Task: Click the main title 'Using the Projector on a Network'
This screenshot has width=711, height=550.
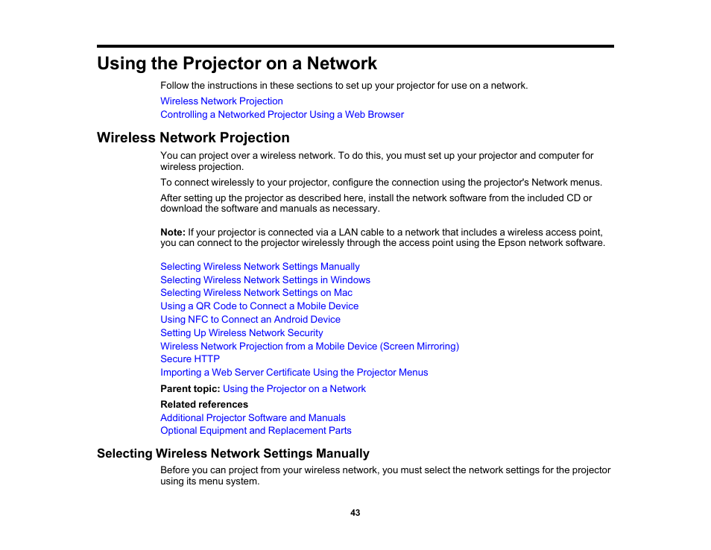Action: [x=237, y=63]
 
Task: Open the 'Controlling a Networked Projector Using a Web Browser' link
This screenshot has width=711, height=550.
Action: [x=282, y=115]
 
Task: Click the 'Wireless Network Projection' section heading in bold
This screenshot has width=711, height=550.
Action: [x=193, y=138]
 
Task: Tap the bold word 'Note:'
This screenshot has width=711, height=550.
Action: [x=173, y=233]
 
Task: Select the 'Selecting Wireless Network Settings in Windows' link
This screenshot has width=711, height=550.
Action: [x=265, y=280]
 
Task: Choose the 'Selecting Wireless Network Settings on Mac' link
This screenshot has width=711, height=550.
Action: [x=256, y=293]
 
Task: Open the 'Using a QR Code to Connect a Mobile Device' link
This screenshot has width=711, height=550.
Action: [x=259, y=306]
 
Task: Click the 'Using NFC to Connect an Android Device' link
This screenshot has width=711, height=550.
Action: [x=250, y=320]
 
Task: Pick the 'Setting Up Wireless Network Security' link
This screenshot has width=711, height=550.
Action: [x=241, y=333]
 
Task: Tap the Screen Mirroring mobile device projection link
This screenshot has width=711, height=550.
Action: [x=309, y=347]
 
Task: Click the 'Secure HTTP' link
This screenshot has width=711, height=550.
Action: [x=190, y=359]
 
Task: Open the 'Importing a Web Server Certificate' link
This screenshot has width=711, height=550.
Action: [x=294, y=373]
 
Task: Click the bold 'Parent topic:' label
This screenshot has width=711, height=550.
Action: [x=190, y=389]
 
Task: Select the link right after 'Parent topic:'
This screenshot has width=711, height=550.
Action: [x=294, y=389]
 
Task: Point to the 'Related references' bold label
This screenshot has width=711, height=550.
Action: [x=204, y=405]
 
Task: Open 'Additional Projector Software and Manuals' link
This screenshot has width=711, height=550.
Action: [x=253, y=418]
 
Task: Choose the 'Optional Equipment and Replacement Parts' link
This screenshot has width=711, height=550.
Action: [x=256, y=431]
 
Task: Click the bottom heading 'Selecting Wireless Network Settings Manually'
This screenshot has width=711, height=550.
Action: [x=233, y=454]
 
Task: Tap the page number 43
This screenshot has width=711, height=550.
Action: [x=355, y=513]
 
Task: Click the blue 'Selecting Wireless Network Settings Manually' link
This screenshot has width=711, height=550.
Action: [x=260, y=267]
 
